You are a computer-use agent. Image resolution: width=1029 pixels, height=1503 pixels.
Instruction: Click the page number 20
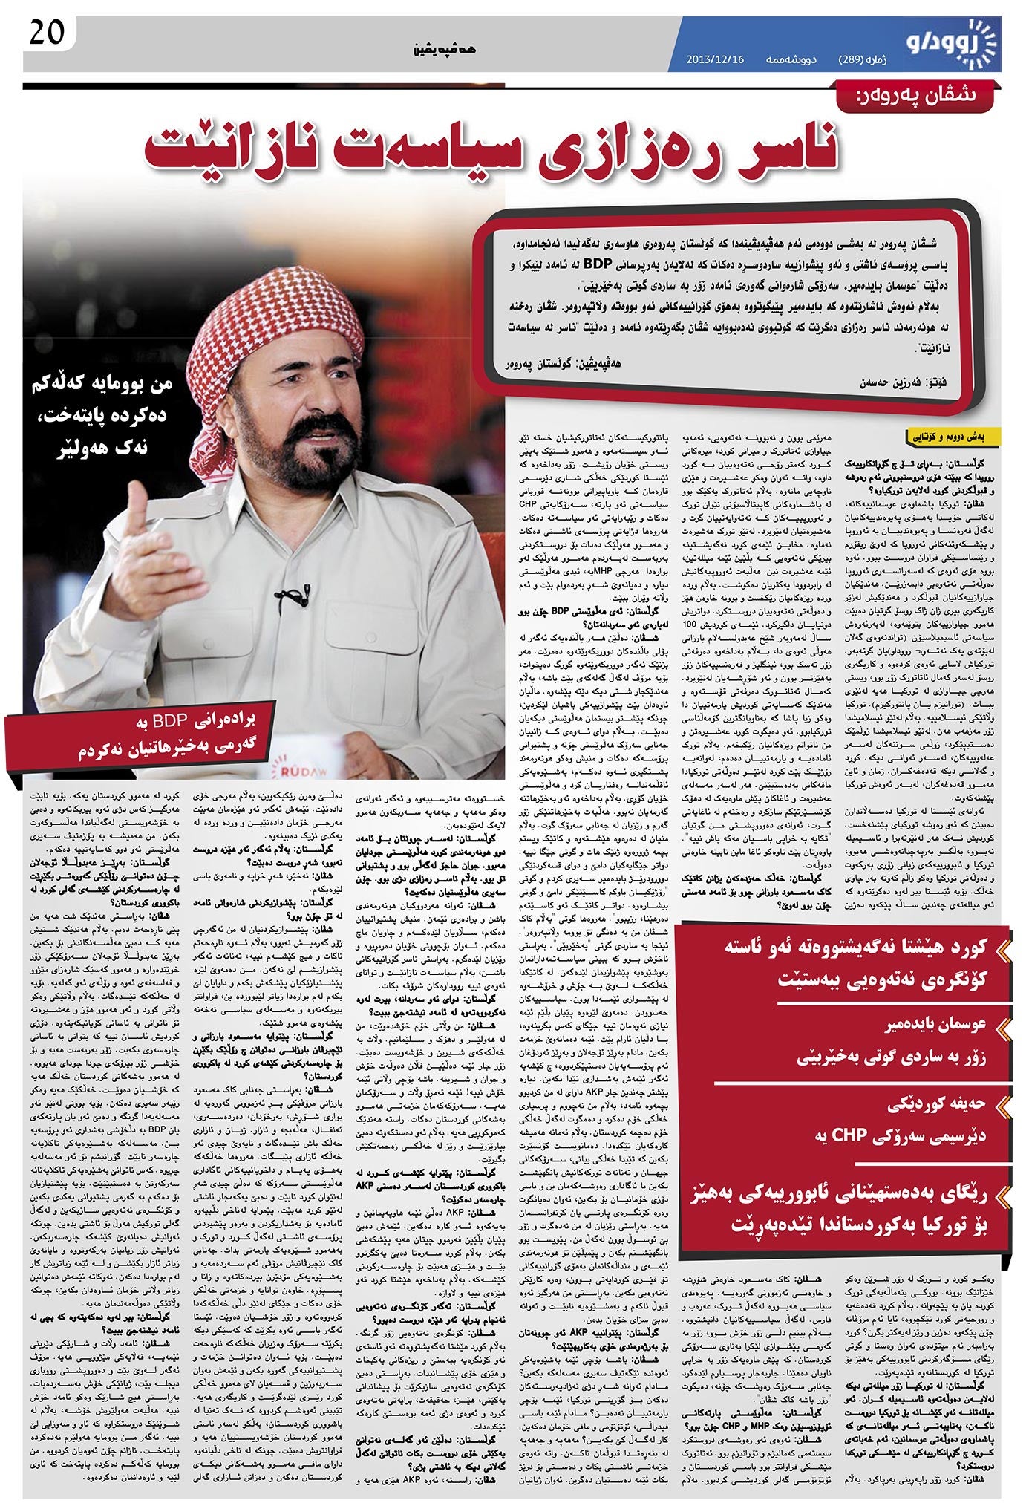click(48, 33)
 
